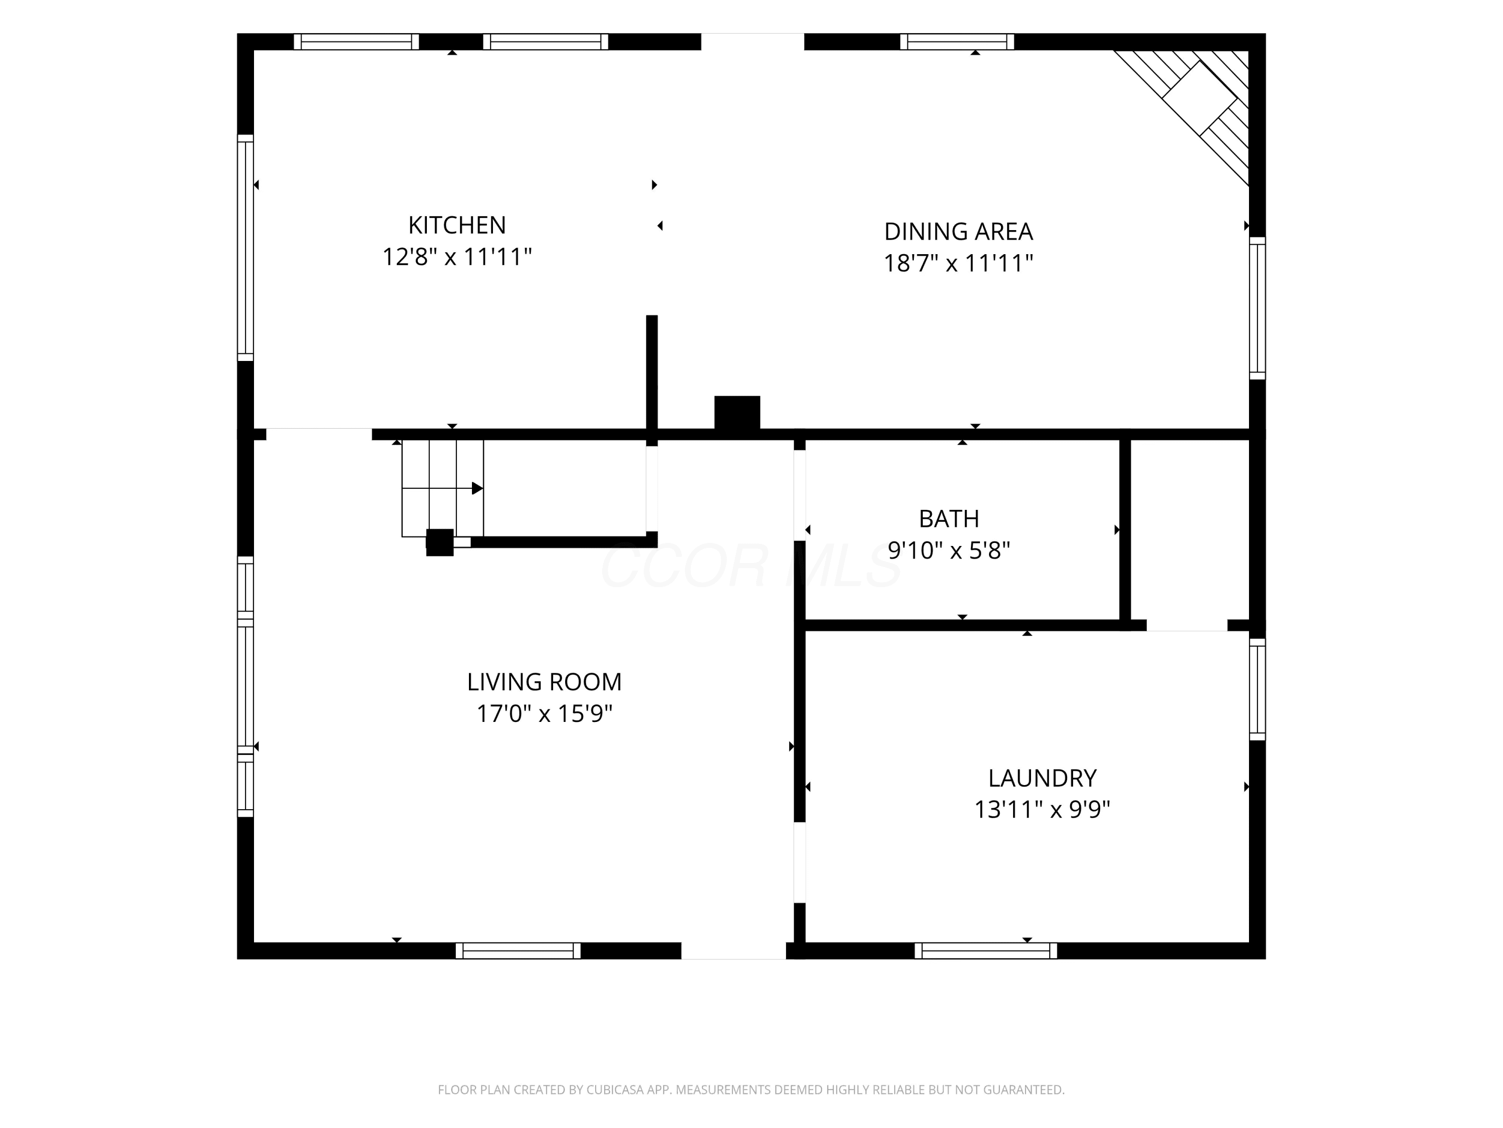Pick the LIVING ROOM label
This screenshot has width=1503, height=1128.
544,682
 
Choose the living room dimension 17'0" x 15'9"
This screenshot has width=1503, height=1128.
544,714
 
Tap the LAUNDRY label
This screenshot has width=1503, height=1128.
1042,778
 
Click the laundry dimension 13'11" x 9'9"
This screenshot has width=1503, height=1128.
1042,810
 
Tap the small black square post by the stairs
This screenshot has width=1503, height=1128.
439,542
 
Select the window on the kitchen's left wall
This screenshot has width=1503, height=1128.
245,248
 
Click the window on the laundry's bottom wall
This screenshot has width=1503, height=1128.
986,951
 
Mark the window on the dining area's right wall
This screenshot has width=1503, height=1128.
1258,308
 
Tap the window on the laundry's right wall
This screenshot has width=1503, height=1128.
1258,689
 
